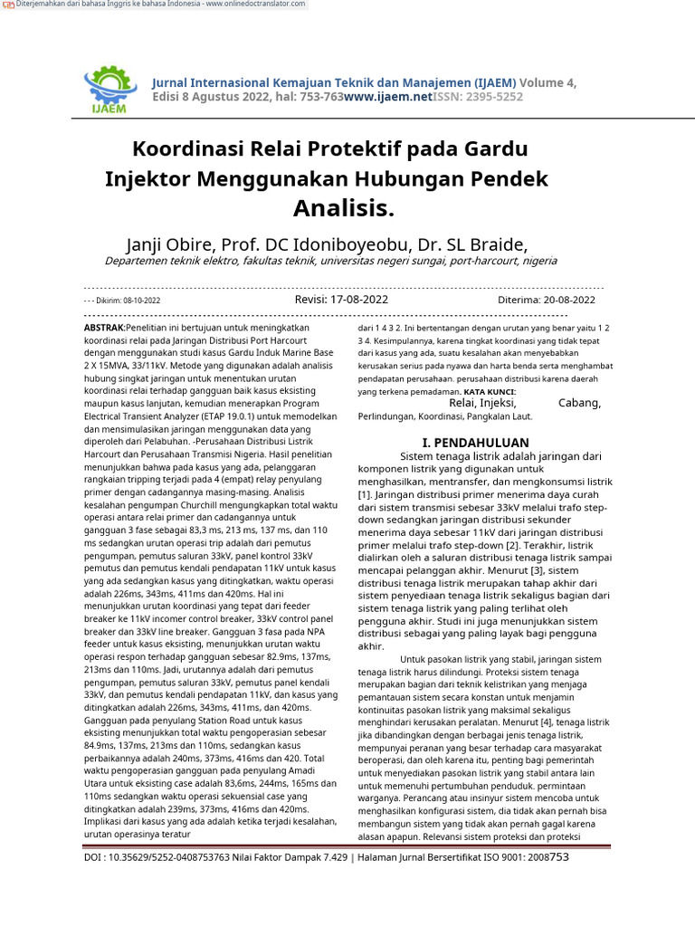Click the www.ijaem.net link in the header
pyautogui.click(x=388, y=96)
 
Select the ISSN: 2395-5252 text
pyautogui.click(x=478, y=96)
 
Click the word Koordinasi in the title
pyautogui.click(x=186, y=148)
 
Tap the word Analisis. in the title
pyautogui.click(x=344, y=209)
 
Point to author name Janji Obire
pyautogui.click(x=175, y=245)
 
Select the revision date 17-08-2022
pyautogui.click(x=360, y=299)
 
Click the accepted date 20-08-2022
pyautogui.click(x=568, y=300)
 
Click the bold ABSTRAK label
pyautogui.click(x=103, y=327)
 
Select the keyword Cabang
pyautogui.click(x=578, y=403)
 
